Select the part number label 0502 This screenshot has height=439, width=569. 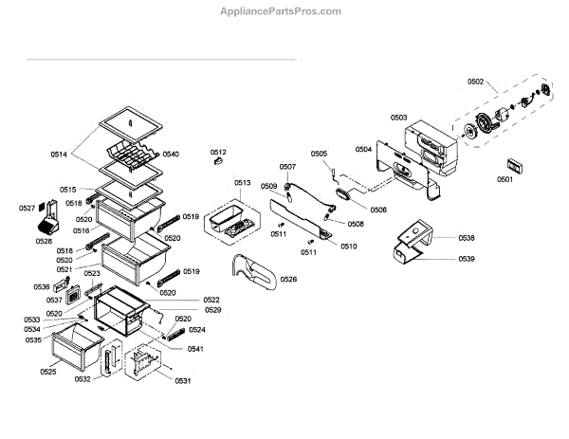[x=476, y=82]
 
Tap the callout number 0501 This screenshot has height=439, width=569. [x=505, y=178]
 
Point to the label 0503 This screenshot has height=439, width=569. [x=399, y=118]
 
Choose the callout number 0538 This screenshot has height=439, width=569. [x=466, y=238]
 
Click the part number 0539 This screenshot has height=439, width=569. [x=466, y=258]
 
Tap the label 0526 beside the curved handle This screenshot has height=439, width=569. [x=288, y=279]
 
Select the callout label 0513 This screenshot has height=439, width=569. [x=243, y=182]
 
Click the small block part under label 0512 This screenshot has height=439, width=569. [x=217, y=161]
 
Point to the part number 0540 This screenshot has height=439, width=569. [x=171, y=154]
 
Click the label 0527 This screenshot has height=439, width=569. [x=28, y=208]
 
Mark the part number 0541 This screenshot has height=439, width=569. [x=195, y=349]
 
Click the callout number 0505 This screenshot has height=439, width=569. [x=319, y=154]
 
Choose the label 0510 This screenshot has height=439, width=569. [x=349, y=247]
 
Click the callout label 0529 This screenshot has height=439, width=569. [x=212, y=310]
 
